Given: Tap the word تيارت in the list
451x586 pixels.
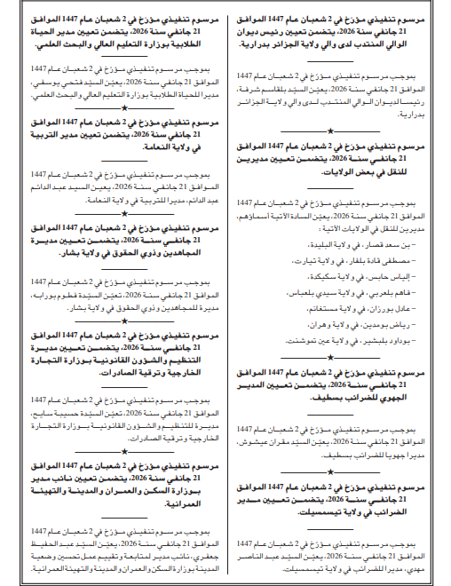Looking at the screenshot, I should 320,260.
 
